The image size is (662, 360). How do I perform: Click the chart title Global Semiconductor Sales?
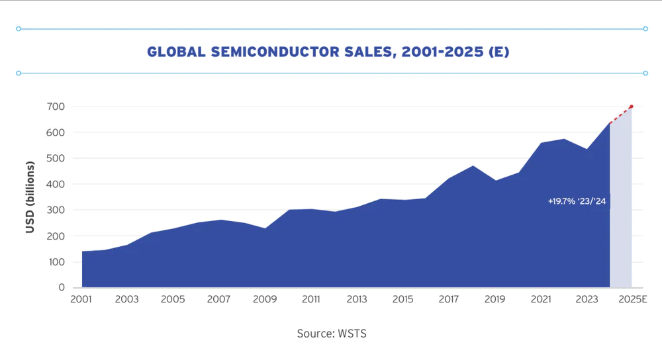pyautogui.click(x=328, y=52)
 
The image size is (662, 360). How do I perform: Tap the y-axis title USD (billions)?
pyautogui.click(x=30, y=197)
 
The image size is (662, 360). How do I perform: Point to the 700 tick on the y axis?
pyautogui.click(x=56, y=107)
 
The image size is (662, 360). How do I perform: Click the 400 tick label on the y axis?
pyautogui.click(x=56, y=184)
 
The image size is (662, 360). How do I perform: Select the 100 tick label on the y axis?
pyautogui.click(x=56, y=262)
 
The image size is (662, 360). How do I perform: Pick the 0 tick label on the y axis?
pyautogui.click(x=61, y=288)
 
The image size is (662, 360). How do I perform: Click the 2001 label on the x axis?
pyautogui.click(x=81, y=299)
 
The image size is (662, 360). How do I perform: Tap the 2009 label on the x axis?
pyautogui.click(x=265, y=299)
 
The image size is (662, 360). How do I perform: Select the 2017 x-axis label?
pyautogui.click(x=449, y=299)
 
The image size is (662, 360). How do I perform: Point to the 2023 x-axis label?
pyautogui.click(x=587, y=299)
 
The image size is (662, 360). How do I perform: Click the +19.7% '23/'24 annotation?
pyautogui.click(x=577, y=201)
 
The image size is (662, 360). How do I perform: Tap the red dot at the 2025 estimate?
pyautogui.click(x=632, y=107)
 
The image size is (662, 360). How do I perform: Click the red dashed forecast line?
pyautogui.click(x=621, y=114)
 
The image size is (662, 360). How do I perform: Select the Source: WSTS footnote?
pyautogui.click(x=332, y=334)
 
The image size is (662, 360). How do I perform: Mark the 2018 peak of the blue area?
pyautogui.click(x=472, y=166)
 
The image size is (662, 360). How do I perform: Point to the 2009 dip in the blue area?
pyautogui.click(x=265, y=229)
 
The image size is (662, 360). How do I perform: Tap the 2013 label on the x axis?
pyautogui.click(x=357, y=299)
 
